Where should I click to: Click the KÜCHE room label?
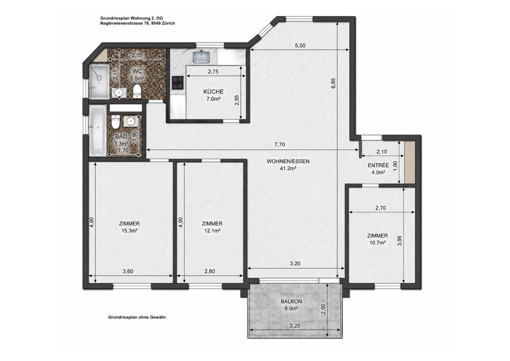point(213,92)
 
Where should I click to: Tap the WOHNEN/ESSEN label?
point(288,161)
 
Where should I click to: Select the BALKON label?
point(291,302)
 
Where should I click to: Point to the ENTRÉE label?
point(378,165)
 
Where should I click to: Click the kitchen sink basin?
point(201,57)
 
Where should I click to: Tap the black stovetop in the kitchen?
point(178,83)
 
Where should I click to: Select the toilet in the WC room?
point(137,91)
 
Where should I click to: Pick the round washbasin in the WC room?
point(119,93)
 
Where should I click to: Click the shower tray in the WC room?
point(99,81)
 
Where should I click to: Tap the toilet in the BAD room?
point(115,122)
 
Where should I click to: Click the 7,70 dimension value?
point(279,145)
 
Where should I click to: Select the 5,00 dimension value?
point(300,46)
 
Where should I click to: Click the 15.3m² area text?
point(129,231)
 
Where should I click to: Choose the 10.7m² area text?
point(378,243)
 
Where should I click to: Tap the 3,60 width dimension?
point(128,271)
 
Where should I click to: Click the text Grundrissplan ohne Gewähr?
point(137,317)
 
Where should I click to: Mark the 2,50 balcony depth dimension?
point(323,309)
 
